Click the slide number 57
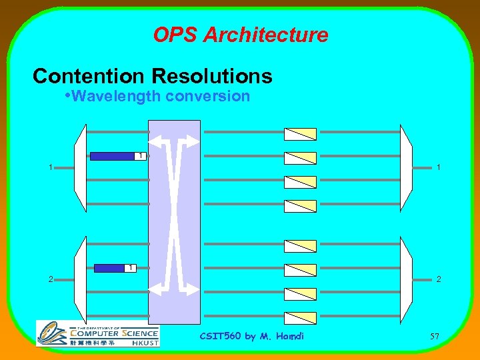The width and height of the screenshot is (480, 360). (x=435, y=335)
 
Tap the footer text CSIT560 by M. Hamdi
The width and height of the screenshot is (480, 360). (x=251, y=335)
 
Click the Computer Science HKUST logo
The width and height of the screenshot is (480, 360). (x=97, y=333)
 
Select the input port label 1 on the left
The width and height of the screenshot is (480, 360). (x=51, y=167)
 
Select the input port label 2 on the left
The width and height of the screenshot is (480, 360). (x=51, y=279)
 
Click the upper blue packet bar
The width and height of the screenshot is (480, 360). (x=112, y=156)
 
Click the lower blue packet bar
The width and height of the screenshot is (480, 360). (x=110, y=268)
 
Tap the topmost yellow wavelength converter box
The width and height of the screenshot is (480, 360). (x=300, y=133)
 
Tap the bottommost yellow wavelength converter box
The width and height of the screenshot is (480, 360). (x=300, y=317)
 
